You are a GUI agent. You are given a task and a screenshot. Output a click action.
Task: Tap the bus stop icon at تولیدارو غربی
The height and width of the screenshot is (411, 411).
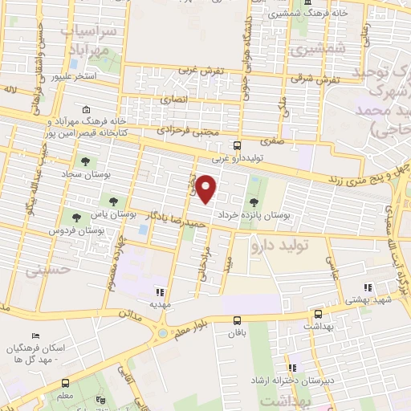coord(237,146)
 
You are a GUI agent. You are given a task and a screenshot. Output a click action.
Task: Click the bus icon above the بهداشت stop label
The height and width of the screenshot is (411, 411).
coord(318,313)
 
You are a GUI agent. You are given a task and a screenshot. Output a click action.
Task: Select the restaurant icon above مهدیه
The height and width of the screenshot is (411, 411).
coord(161,292)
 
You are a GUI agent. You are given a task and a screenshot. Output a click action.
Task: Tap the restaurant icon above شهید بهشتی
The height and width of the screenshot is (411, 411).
coord(368,287)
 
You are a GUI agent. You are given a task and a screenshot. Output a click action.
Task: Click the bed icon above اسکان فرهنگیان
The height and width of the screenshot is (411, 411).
coord(34,335)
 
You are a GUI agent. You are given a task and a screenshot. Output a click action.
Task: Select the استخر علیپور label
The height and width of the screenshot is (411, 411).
coord(74,77)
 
